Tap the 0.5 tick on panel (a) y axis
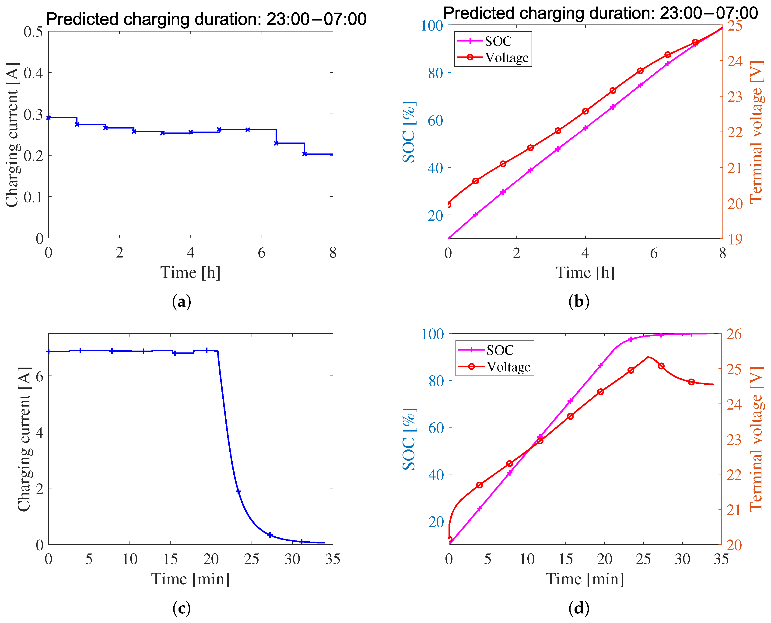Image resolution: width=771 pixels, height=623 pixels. (33, 31)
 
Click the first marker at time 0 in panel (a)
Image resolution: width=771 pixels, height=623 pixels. (49, 117)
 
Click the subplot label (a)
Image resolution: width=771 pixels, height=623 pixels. (181, 302)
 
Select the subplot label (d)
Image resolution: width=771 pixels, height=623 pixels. (579, 608)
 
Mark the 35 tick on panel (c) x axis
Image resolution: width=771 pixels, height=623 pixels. (332, 559)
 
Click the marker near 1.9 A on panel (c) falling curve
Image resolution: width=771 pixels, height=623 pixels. (238, 491)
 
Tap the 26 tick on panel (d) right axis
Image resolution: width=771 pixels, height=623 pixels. (734, 334)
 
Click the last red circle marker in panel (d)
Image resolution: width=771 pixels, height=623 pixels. (691, 382)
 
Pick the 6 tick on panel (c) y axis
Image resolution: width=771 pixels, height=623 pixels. (39, 376)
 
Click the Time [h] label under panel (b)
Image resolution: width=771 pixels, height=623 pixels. (585, 272)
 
